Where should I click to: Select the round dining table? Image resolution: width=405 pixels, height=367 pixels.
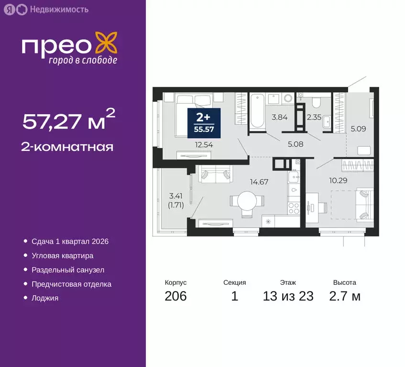tap(248, 200)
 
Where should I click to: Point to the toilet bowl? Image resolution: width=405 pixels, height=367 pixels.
tap(315, 102)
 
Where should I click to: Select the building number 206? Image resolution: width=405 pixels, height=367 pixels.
tap(175, 296)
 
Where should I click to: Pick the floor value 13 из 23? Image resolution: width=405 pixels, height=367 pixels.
tap(288, 296)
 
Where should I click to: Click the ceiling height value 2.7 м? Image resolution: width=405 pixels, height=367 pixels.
tap(344, 296)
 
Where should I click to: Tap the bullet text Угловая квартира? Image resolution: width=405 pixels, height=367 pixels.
tap(62, 256)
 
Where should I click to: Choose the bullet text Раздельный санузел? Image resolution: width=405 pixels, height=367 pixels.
tap(68, 270)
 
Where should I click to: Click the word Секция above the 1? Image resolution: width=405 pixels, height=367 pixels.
tap(234, 282)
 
